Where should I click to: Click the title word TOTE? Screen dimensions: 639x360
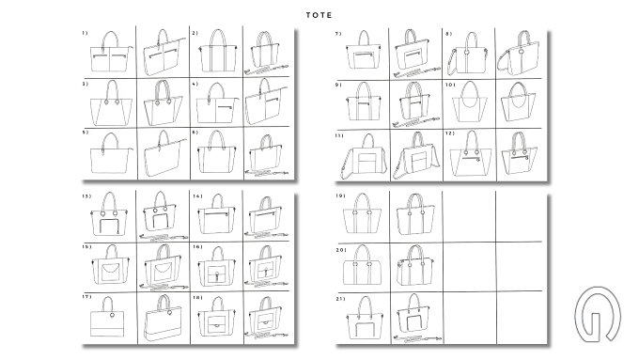tap(319, 15)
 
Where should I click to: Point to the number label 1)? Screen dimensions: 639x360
tap(85, 33)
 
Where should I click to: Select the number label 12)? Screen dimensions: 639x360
tap(450, 133)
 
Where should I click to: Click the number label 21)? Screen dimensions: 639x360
tap(340, 299)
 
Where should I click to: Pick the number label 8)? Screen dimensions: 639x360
tap(448, 34)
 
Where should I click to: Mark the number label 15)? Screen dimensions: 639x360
tap(86, 246)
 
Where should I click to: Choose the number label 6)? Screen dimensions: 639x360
tap(195, 133)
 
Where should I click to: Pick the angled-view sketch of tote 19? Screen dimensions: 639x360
tap(415, 214)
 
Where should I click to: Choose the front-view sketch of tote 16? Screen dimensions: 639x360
tap(217, 266)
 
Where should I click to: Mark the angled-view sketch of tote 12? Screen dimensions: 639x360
tap(519, 153)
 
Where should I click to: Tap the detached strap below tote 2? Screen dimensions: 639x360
tap(266, 70)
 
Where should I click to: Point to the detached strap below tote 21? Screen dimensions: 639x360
tap(417, 338)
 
